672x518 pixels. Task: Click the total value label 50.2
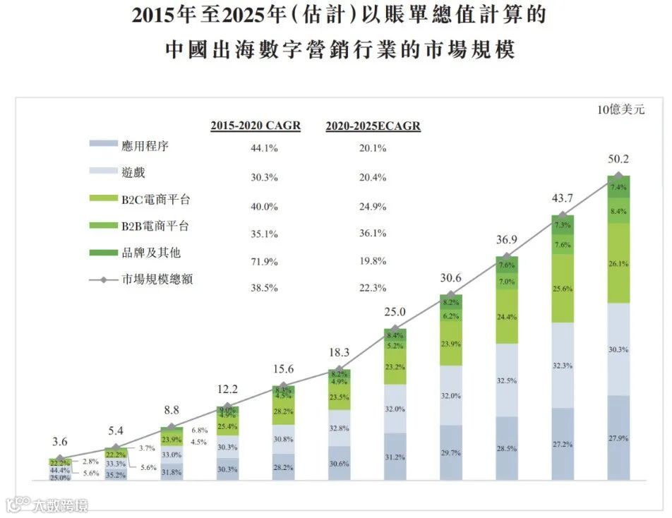point(618,159)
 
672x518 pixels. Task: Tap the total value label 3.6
point(60,442)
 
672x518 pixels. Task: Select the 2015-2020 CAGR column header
point(256,126)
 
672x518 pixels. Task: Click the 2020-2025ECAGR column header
point(373,126)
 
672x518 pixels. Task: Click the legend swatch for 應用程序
point(103,145)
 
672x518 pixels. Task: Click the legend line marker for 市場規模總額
point(103,280)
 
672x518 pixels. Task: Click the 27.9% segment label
point(618,438)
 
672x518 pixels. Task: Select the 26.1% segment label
point(618,263)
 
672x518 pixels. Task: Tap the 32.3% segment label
point(563,366)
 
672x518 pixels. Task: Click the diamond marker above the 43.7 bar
point(563,215)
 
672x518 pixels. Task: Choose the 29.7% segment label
point(451,452)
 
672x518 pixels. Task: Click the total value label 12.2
point(227,389)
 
